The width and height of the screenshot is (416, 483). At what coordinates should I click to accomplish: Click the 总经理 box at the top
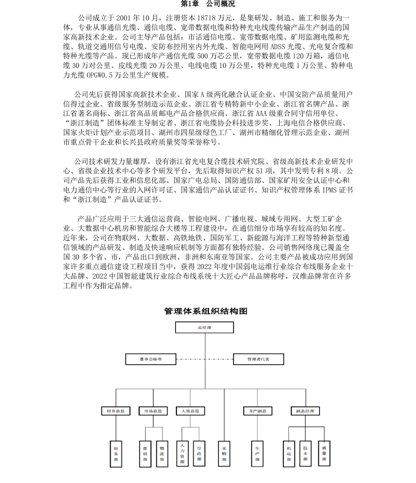coord(204,328)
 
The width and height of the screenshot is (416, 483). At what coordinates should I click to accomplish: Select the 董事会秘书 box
coord(151,359)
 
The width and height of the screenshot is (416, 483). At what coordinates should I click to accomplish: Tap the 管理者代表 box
coord(258,359)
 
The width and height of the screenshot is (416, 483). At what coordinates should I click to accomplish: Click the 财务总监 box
coord(116,411)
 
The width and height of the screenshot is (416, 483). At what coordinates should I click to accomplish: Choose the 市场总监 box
coord(153,411)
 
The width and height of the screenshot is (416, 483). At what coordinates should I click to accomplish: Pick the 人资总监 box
coord(190,411)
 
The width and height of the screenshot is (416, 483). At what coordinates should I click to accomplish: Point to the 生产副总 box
coord(257,411)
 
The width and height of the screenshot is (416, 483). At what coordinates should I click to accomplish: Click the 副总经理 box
coord(305,411)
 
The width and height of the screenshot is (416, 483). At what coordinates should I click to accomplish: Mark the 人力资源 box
coord(182,454)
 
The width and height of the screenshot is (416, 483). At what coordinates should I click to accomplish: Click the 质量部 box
coord(324,453)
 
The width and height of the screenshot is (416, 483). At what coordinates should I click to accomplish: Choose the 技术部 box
coord(305,453)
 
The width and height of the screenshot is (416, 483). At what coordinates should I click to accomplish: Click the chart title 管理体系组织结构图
coord(206,311)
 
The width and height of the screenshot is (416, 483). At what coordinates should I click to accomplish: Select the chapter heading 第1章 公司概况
coord(208,4)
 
